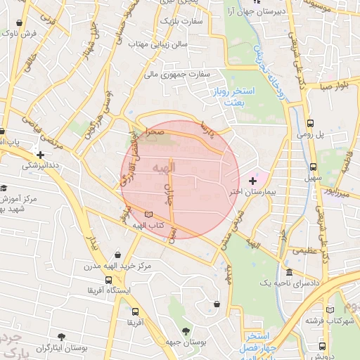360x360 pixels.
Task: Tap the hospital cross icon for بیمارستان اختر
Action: click(x=253, y=181)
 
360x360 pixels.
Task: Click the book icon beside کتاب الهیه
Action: click(x=148, y=214)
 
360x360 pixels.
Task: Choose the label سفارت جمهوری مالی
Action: click(x=178, y=73)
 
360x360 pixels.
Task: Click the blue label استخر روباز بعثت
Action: click(x=229, y=97)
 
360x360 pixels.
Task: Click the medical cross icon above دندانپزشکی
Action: click(x=41, y=155)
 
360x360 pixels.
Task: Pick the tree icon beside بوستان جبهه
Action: click(x=186, y=330)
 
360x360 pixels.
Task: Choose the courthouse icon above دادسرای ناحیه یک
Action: click(x=289, y=272)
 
